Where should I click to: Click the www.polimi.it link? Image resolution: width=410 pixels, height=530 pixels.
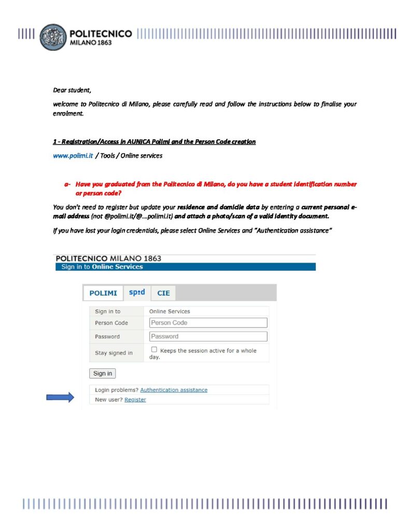click(x=73, y=156)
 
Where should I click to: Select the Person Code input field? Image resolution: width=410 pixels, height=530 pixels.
click(x=208, y=323)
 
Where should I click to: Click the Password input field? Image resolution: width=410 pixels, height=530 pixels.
click(x=208, y=336)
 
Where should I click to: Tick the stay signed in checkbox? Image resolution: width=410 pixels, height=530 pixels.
click(x=154, y=350)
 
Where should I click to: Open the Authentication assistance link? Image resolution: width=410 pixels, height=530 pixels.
click(x=174, y=390)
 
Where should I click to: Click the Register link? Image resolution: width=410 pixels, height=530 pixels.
click(x=135, y=400)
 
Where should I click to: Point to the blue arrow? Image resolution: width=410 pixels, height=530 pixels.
click(x=60, y=397)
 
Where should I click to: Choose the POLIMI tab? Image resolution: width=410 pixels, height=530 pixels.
click(x=103, y=293)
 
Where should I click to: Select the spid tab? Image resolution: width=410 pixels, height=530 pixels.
click(x=137, y=292)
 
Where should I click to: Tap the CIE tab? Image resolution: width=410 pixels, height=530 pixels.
click(x=163, y=293)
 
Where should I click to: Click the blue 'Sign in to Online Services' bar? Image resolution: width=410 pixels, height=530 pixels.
click(x=185, y=267)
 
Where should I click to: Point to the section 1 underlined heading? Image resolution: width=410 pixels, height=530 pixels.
click(x=154, y=142)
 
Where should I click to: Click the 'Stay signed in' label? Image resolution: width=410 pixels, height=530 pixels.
click(x=114, y=353)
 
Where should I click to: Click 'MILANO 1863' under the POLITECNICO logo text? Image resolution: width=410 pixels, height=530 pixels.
click(x=90, y=43)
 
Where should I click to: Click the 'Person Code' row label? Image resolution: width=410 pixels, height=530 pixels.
click(x=111, y=323)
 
